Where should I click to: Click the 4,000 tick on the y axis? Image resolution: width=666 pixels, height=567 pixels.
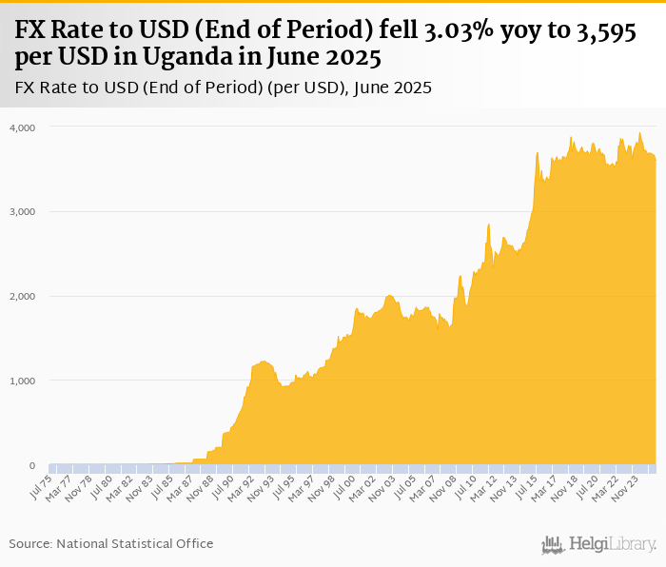(x=22, y=127)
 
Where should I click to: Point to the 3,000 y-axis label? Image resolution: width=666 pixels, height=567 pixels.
(x=22, y=211)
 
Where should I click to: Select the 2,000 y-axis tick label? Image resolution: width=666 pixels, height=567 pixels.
(x=22, y=296)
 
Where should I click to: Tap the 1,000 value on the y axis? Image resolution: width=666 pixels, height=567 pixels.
(x=22, y=381)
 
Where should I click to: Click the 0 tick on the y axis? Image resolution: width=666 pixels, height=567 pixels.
(x=31, y=465)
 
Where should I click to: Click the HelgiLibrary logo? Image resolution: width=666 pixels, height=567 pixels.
(x=598, y=544)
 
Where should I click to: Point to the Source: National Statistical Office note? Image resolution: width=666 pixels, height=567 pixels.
(x=111, y=543)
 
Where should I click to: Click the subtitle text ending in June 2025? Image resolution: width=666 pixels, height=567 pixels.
(x=224, y=88)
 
